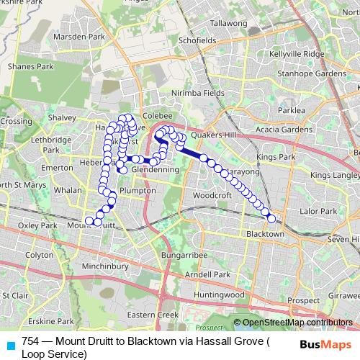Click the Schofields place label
pos(197,41)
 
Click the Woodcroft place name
pos(212,195)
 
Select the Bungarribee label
pos(184,256)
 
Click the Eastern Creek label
pos(152,315)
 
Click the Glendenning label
pos(155,169)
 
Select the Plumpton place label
pos(137,190)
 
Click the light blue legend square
pos(9,343)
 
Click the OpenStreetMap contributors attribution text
pos(297,323)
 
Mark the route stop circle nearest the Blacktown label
pos(271,218)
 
